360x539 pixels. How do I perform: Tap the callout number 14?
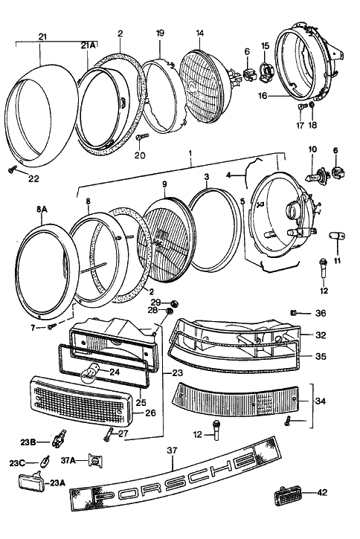click(x=200, y=33)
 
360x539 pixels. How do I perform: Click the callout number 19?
click(x=160, y=33)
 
